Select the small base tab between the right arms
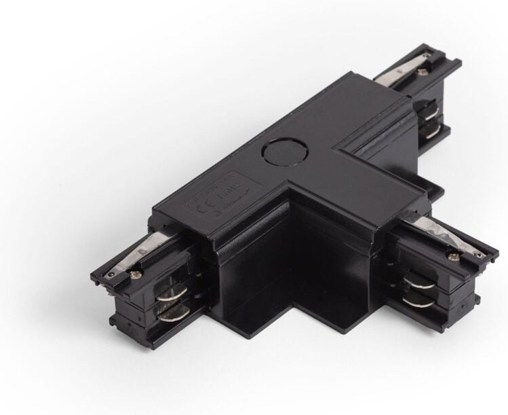pos(434,191)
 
